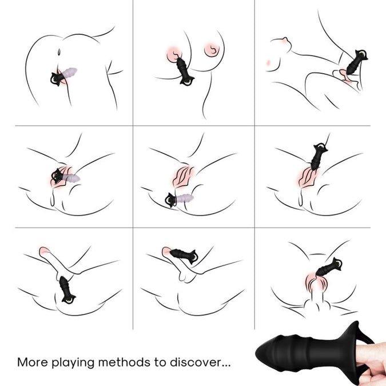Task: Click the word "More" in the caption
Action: [32, 362]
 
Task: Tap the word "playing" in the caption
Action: [73, 363]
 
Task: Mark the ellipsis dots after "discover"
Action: [226, 366]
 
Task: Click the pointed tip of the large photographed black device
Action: [256, 352]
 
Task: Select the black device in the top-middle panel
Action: [184, 71]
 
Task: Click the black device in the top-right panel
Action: [356, 62]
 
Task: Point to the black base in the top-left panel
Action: [57, 78]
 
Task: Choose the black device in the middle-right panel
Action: [318, 156]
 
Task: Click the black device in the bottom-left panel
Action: [66, 290]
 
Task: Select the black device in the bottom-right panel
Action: [329, 268]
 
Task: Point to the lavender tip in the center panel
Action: [185, 198]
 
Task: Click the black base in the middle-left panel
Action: [57, 176]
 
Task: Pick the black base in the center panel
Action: [171, 200]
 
